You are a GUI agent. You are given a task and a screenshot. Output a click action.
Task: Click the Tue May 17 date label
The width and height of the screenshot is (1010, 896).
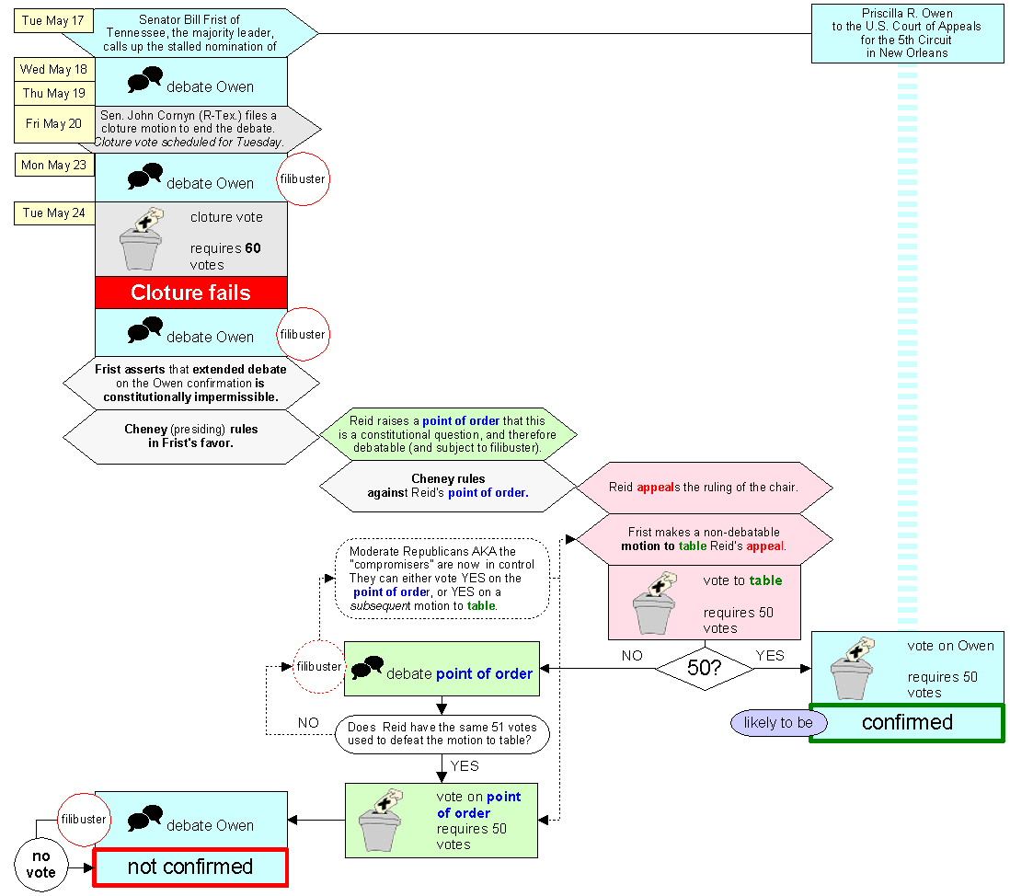point(53,20)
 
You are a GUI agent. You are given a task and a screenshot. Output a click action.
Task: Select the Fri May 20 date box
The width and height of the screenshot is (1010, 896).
point(54,123)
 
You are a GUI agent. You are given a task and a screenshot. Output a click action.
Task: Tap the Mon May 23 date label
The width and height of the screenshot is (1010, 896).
point(54,165)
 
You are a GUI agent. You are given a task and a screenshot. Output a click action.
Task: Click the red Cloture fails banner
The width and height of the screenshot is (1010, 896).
point(191,293)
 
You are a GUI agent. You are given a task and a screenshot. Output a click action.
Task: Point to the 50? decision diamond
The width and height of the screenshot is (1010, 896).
point(705,668)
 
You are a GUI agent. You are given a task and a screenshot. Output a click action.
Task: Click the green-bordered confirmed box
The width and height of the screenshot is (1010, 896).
point(907,723)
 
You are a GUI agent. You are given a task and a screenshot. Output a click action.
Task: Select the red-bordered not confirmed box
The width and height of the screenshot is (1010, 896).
point(190,867)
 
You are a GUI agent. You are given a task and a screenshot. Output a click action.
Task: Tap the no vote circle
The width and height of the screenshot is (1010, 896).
point(40,865)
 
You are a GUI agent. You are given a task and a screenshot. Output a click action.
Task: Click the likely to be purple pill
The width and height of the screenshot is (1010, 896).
point(778,723)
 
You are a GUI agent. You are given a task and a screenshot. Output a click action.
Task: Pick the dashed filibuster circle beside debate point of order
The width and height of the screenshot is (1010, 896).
point(319,667)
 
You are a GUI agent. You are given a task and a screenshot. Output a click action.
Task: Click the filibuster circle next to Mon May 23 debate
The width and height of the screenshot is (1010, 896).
point(304,179)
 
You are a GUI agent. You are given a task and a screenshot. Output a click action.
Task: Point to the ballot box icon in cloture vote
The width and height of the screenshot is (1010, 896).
point(142,238)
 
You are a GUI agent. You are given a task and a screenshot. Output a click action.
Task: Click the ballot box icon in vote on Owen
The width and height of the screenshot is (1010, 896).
point(853,668)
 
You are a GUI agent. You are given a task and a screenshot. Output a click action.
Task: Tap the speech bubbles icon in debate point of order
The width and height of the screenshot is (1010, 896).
point(367,667)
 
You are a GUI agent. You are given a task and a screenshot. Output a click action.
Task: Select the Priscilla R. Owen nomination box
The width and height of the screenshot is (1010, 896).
point(908,33)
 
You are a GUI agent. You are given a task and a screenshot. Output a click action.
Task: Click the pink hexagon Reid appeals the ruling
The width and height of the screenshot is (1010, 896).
point(704,488)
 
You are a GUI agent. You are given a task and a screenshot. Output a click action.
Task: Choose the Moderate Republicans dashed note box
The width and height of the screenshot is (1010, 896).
point(442,579)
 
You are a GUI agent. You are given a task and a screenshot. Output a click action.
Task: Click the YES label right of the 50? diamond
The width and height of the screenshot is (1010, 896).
point(770,656)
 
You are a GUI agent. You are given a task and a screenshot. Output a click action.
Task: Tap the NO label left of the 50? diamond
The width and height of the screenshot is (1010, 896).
point(632,656)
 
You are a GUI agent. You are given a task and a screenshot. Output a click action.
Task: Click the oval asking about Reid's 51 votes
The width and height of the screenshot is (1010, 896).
point(442,734)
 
